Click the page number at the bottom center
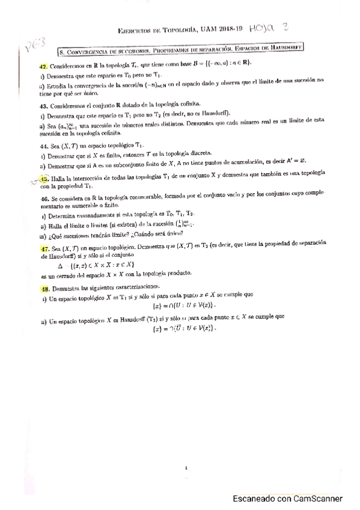pyautogui.click(x=188, y=465)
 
